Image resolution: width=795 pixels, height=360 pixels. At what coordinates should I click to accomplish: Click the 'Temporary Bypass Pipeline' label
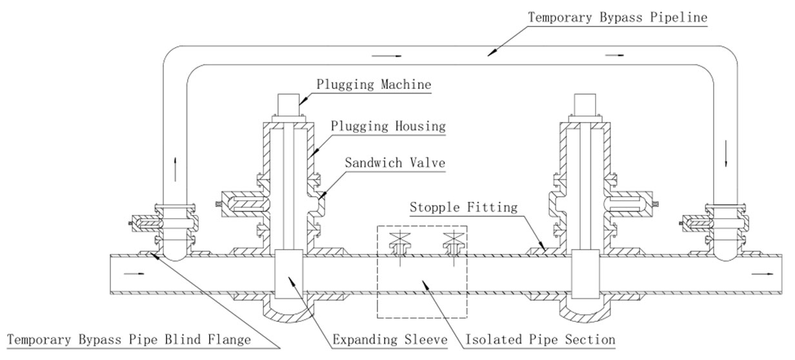click(618, 17)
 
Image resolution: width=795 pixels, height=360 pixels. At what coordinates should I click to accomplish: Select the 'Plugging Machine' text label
click(374, 85)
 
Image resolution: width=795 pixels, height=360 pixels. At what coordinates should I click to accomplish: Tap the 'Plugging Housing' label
click(388, 126)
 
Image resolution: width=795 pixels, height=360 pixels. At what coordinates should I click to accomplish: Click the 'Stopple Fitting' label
click(465, 207)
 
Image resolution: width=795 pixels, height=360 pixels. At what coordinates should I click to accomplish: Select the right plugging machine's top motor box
click(585, 105)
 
